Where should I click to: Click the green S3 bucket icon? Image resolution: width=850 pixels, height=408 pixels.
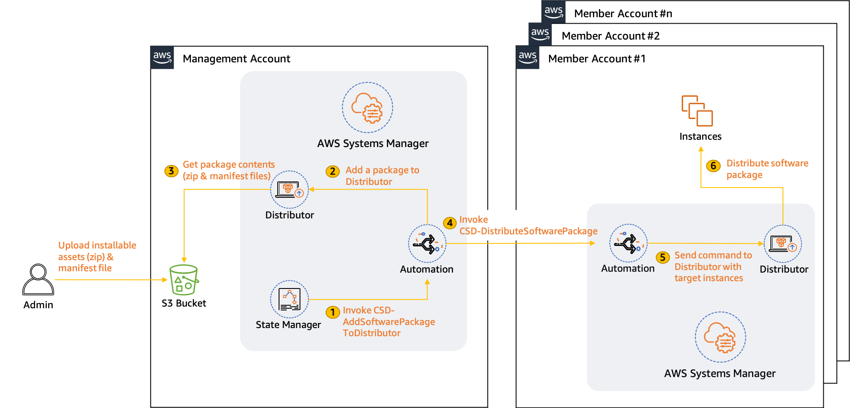pyautogui.click(x=184, y=280)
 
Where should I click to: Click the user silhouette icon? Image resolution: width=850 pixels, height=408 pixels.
pyautogui.click(x=38, y=280)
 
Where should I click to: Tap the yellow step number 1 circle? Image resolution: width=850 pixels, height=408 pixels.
pyautogui.click(x=332, y=312)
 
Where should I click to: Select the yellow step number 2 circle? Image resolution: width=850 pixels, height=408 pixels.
pyautogui.click(x=332, y=172)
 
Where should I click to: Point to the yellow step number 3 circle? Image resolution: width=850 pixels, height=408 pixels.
pyautogui.click(x=171, y=171)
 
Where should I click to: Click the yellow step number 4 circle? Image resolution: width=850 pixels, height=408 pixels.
pyautogui.click(x=450, y=223)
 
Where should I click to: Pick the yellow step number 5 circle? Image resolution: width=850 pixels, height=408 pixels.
pyautogui.click(x=663, y=258)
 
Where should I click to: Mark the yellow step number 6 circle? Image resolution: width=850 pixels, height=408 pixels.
pyautogui.click(x=713, y=166)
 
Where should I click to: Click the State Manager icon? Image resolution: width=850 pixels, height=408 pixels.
pyautogui.click(x=289, y=299)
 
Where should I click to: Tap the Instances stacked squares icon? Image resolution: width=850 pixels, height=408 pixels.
pyautogui.click(x=697, y=111)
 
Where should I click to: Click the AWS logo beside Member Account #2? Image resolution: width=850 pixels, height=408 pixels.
pyautogui.click(x=540, y=34)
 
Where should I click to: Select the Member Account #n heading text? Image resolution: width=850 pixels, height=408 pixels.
pyautogui.click(x=623, y=14)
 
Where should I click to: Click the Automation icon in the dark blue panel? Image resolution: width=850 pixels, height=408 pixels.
pyautogui.click(x=427, y=244)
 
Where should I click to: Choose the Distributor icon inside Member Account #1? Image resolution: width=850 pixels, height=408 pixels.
pyautogui.click(x=782, y=244)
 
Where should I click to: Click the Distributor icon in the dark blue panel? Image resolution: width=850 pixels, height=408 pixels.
pyautogui.click(x=289, y=190)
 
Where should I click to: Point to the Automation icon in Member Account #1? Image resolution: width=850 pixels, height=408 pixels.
pyautogui.click(x=628, y=243)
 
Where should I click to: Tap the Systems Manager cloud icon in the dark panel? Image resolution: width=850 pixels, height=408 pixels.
pyautogui.click(x=368, y=107)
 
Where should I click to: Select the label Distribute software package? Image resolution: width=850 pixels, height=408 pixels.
pyautogui.click(x=767, y=169)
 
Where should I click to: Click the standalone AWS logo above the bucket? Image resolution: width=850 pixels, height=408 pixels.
pyautogui.click(x=162, y=57)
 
